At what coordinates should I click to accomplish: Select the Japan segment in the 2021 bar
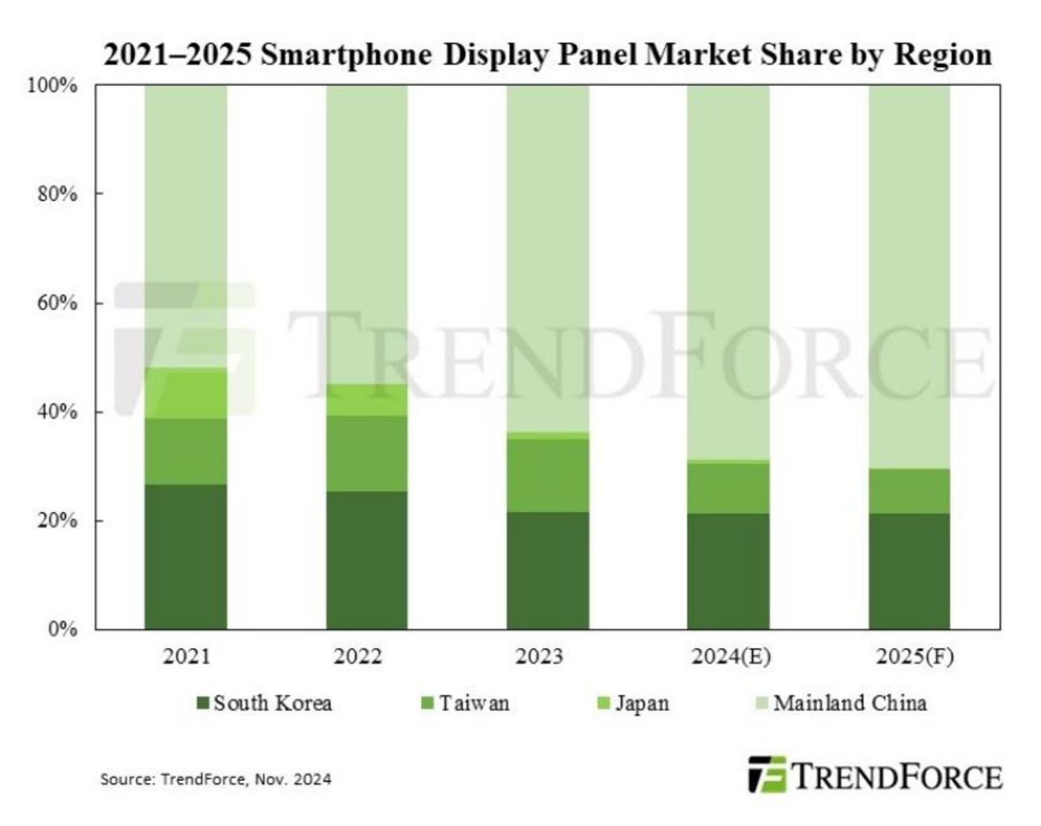tap(185, 393)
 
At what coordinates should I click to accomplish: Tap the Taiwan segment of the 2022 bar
tap(367, 453)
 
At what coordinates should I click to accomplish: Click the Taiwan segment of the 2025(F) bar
tap(909, 491)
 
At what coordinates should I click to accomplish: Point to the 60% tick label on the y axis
tap(57, 303)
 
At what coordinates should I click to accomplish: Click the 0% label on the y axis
tap(63, 630)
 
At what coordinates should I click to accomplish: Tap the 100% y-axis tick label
tap(52, 86)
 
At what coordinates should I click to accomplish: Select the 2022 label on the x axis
tap(357, 656)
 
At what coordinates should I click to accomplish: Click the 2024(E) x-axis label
tap(731, 656)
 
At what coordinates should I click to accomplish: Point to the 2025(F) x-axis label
tap(915, 656)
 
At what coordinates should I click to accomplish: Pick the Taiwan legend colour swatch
tap(427, 703)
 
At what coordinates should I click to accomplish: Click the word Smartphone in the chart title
tap(346, 55)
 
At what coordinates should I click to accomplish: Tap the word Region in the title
tap(943, 55)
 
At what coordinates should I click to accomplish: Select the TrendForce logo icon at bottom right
tap(766, 775)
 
